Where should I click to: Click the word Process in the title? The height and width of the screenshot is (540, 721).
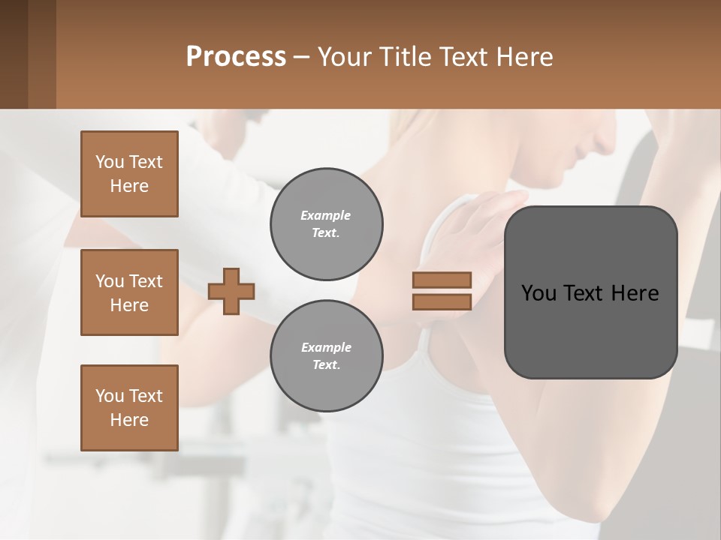tap(236, 56)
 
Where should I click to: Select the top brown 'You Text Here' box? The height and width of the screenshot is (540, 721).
tap(129, 174)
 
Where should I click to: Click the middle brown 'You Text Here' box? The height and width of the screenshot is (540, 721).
tap(129, 292)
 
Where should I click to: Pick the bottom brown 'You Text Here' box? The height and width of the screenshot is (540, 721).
tap(129, 408)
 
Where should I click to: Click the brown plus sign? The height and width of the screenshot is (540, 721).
tap(231, 291)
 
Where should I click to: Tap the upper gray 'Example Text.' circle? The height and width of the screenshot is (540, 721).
tap(326, 224)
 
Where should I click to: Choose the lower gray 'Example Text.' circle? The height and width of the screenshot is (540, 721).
tap(326, 356)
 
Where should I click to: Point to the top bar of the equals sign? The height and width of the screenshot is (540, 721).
tap(442, 280)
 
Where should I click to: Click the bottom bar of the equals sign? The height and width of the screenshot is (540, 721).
tap(442, 301)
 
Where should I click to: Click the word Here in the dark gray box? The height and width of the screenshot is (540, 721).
tap(635, 293)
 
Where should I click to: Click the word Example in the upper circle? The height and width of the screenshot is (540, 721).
tap(326, 215)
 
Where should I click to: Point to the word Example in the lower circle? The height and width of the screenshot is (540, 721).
tap(326, 347)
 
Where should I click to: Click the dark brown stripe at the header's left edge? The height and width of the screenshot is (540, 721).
tap(14, 54)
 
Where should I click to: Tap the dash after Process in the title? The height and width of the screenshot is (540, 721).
tap(302, 58)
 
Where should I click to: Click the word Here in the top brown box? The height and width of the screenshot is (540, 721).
tap(129, 186)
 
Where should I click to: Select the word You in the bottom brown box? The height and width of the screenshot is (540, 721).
tap(110, 396)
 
